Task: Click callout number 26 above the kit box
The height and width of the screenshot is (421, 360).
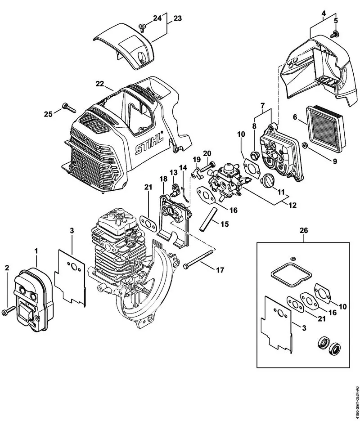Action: click(304, 231)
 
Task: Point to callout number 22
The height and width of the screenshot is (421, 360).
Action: click(99, 83)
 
